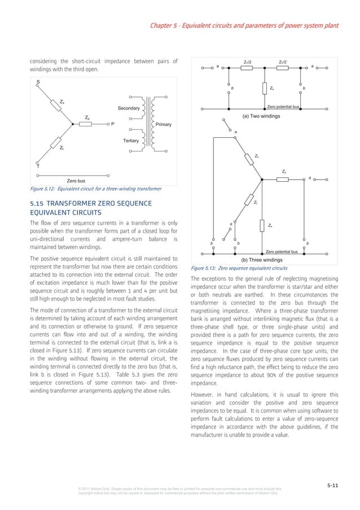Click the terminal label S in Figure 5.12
38,82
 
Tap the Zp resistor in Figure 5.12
85,124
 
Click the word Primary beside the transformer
163,124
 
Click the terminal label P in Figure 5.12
112,124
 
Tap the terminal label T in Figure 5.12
38,167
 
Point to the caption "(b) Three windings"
261,260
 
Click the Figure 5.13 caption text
240,268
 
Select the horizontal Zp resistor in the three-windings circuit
282,180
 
